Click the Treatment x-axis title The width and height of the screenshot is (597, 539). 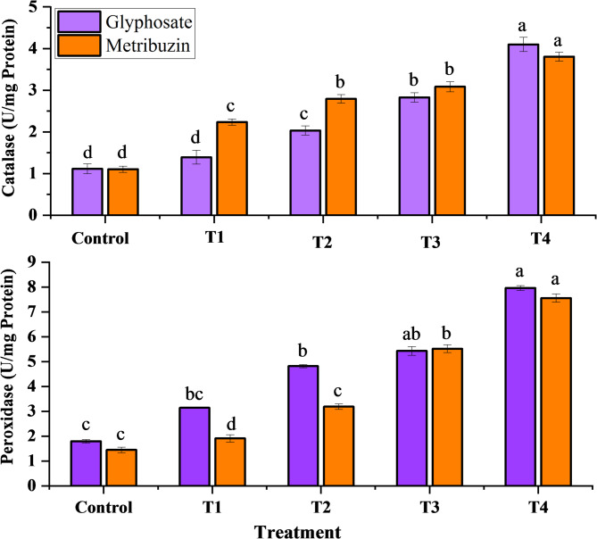(298, 531)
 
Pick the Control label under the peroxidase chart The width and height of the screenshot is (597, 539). (104, 506)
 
